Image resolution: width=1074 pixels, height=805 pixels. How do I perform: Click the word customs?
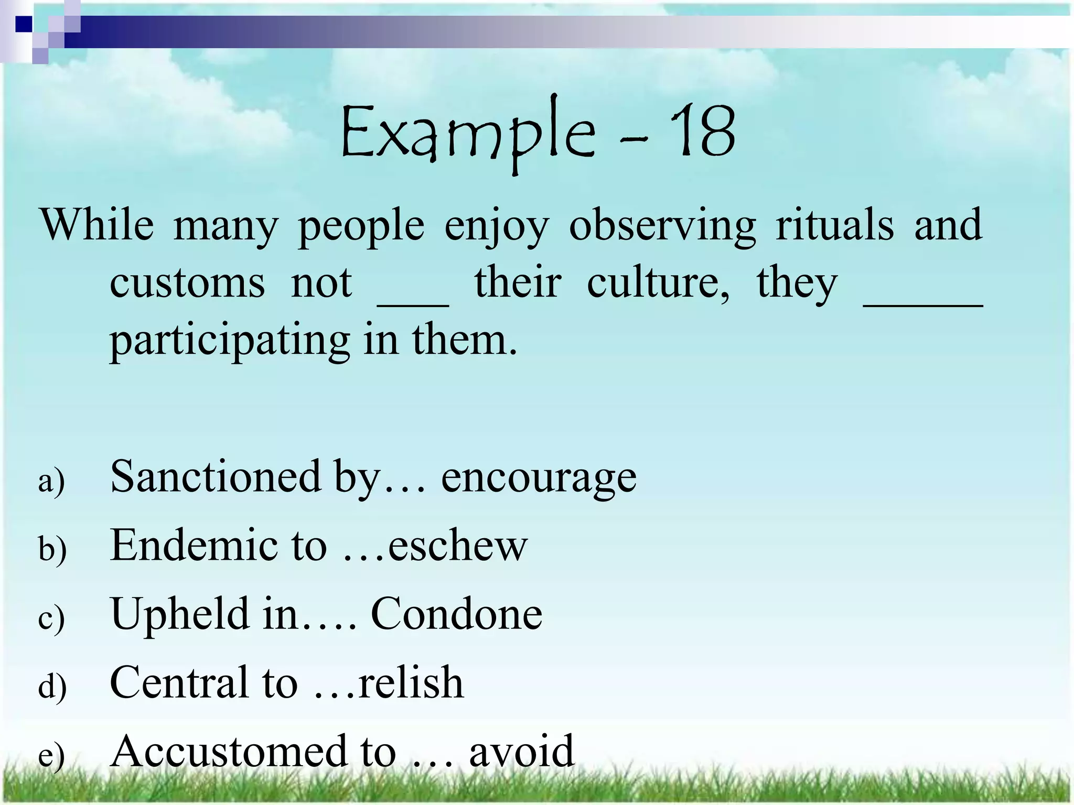click(187, 283)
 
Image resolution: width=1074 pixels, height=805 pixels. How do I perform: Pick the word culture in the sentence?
click(658, 283)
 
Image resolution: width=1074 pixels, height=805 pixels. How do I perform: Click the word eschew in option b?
click(457, 545)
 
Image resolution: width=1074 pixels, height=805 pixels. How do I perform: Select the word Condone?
click(456, 614)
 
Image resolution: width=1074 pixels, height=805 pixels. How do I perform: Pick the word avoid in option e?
click(521, 751)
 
